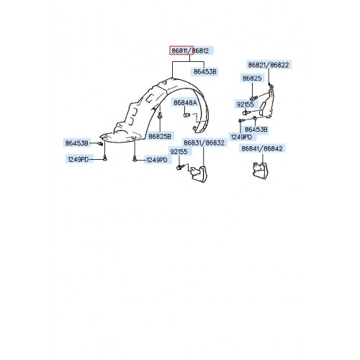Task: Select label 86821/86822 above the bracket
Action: [x=268, y=64]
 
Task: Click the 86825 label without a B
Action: [x=251, y=78]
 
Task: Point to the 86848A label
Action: [x=186, y=104]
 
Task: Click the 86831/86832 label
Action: [x=204, y=143]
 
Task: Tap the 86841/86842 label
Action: [x=264, y=148]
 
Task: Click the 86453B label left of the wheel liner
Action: [x=77, y=143]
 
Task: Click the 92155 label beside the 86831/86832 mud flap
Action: [x=179, y=151]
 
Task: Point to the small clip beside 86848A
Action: [x=186, y=114]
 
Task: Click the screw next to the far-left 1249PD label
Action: [x=104, y=158]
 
